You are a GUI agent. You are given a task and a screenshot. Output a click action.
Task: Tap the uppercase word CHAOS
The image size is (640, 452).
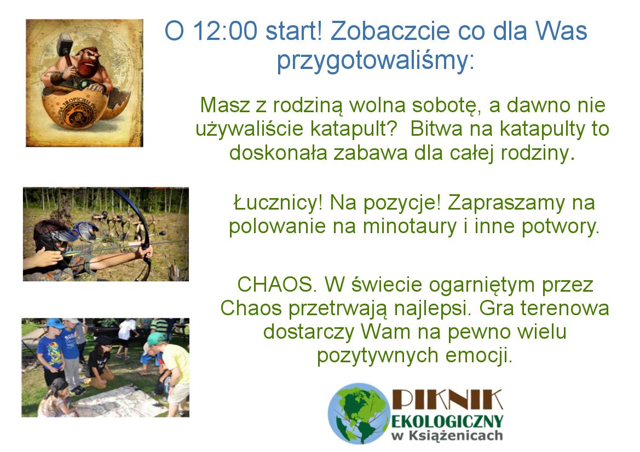click(x=277, y=285)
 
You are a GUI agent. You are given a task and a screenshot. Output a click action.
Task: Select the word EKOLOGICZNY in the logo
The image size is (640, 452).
click(x=447, y=421)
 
